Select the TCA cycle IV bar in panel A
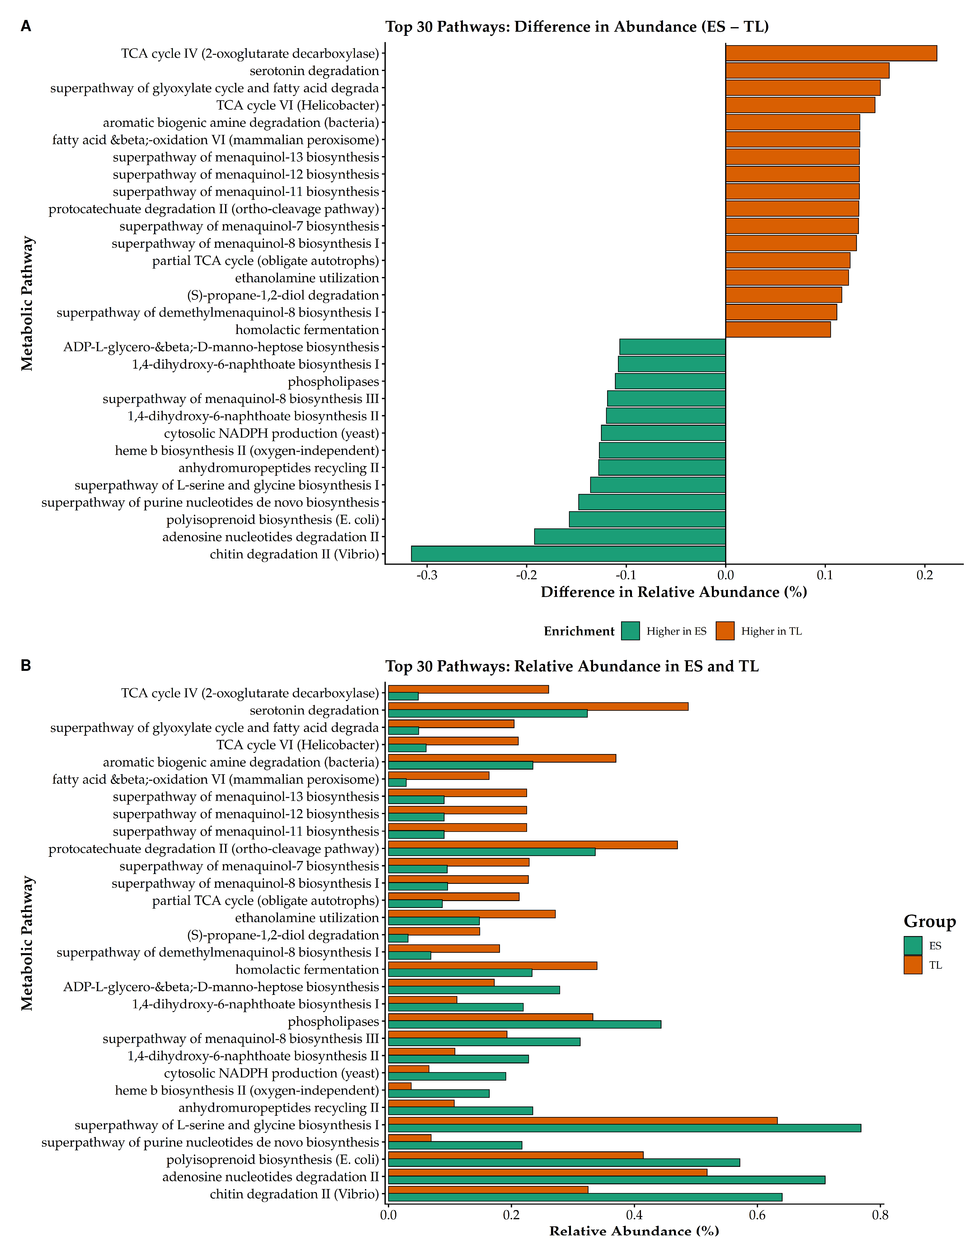click(x=831, y=53)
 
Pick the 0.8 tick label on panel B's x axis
click(x=880, y=1215)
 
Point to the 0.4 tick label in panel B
click(x=634, y=1215)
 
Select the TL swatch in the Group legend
click(x=913, y=965)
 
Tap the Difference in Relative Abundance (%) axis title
click(x=674, y=592)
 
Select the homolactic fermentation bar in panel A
click(x=777, y=330)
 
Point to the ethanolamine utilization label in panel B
click(x=307, y=917)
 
